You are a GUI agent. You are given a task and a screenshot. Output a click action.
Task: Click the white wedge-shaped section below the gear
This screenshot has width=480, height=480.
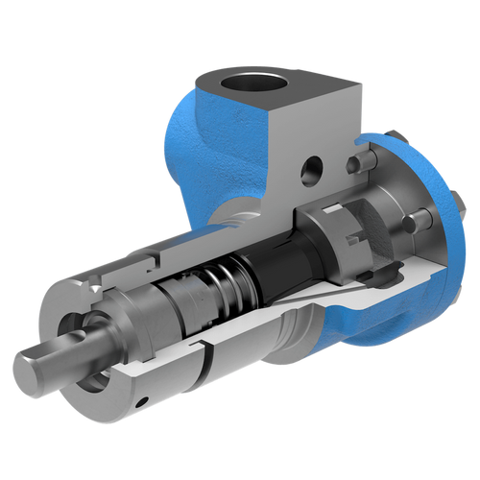[336, 288]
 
